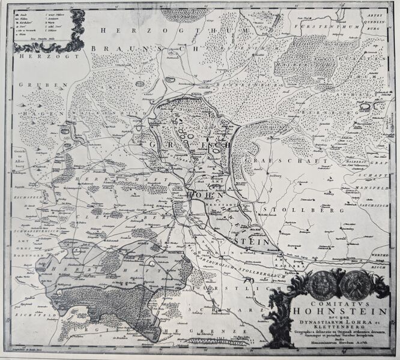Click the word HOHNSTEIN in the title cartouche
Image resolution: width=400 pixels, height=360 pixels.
click(327, 311)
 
